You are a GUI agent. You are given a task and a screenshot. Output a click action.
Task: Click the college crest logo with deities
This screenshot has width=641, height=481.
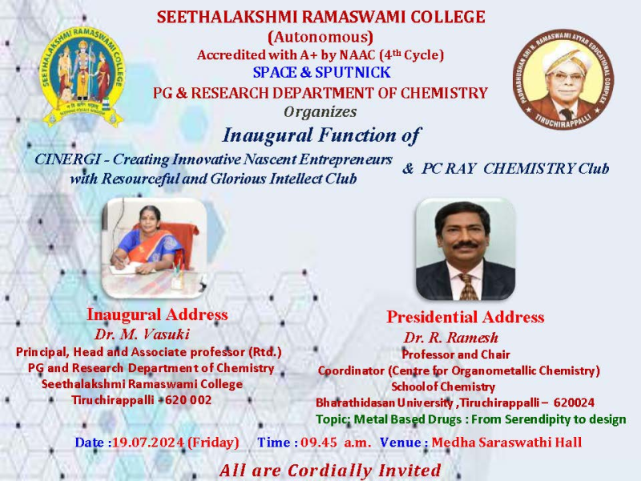[82, 76]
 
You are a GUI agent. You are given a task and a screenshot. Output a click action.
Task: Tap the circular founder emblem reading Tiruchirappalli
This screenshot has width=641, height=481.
[563, 79]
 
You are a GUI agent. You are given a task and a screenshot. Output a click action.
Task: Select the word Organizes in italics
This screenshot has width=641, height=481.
[320, 111]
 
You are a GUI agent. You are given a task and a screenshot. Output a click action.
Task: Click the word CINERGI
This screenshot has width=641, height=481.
[67, 159]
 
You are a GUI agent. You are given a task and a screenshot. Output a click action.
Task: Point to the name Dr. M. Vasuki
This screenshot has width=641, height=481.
[143, 334]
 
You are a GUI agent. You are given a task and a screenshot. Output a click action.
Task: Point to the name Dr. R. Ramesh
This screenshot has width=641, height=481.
[451, 338]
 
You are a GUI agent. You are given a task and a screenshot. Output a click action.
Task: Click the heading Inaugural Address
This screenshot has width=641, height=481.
[157, 314]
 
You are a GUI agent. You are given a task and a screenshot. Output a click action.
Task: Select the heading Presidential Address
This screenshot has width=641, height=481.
[466, 317]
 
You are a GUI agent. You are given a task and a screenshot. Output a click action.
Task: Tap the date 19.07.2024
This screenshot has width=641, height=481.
[148, 443]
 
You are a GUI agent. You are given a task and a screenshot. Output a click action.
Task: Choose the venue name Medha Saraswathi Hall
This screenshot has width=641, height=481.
[506, 443]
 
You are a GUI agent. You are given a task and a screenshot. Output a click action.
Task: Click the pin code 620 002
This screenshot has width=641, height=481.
[188, 399]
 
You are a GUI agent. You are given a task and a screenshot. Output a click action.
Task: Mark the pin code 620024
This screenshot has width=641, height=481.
[574, 403]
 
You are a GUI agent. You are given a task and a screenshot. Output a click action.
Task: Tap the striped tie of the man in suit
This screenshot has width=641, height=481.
[468, 286]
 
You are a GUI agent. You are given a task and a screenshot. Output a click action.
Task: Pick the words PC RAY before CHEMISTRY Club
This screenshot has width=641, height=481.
[449, 168]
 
